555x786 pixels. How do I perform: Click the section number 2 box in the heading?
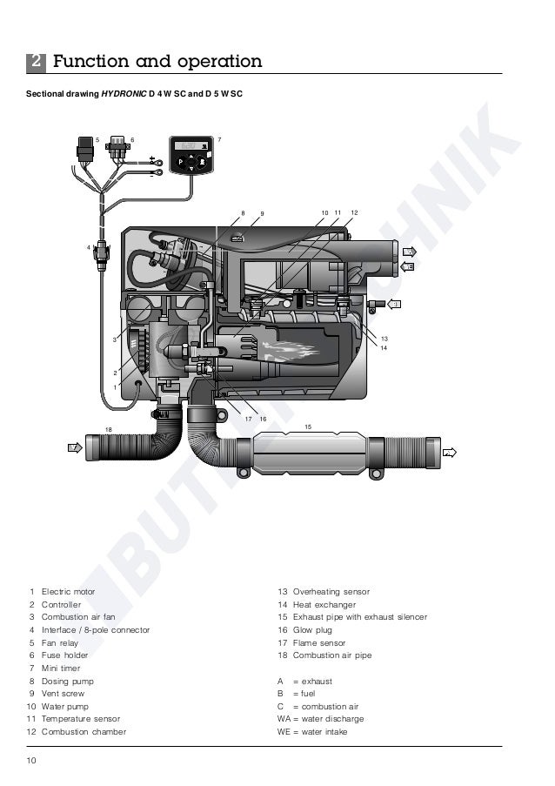35,62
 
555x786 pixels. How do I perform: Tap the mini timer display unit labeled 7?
191,157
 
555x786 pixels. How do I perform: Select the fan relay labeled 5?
84,150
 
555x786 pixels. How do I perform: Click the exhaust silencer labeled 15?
308,453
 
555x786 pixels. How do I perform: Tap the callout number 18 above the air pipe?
109,429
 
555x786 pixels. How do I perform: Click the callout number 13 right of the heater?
384,338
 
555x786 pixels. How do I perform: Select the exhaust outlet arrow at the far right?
450,453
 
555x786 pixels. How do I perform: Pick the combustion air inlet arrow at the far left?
74,447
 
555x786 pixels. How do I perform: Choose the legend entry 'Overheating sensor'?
331,592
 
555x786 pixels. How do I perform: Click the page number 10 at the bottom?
31,762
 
